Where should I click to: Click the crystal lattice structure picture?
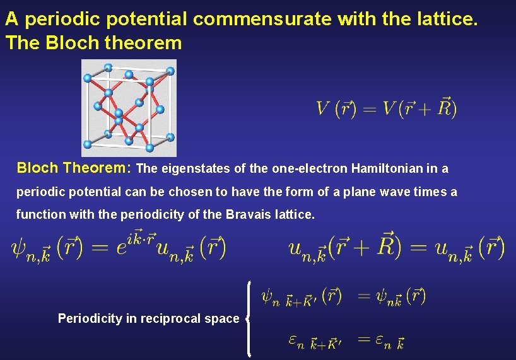tap(129, 108)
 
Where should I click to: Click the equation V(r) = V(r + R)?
tap(387, 108)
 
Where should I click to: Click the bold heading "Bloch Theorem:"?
tap(74, 168)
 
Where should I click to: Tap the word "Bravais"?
tap(248, 214)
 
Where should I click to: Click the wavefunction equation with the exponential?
tap(119, 247)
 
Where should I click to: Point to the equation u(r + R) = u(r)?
tap(396, 247)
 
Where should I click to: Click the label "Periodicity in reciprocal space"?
tap(148, 318)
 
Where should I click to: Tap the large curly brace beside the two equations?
tap(250, 319)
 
